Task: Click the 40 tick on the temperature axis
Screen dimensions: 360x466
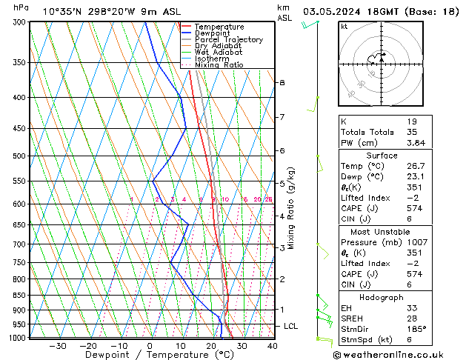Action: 272,346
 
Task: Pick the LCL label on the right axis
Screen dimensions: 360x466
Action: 291,326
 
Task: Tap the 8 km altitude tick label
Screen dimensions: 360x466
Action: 282,82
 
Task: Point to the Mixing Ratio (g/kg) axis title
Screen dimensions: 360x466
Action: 291,208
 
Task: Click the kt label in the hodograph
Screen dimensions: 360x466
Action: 344,27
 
